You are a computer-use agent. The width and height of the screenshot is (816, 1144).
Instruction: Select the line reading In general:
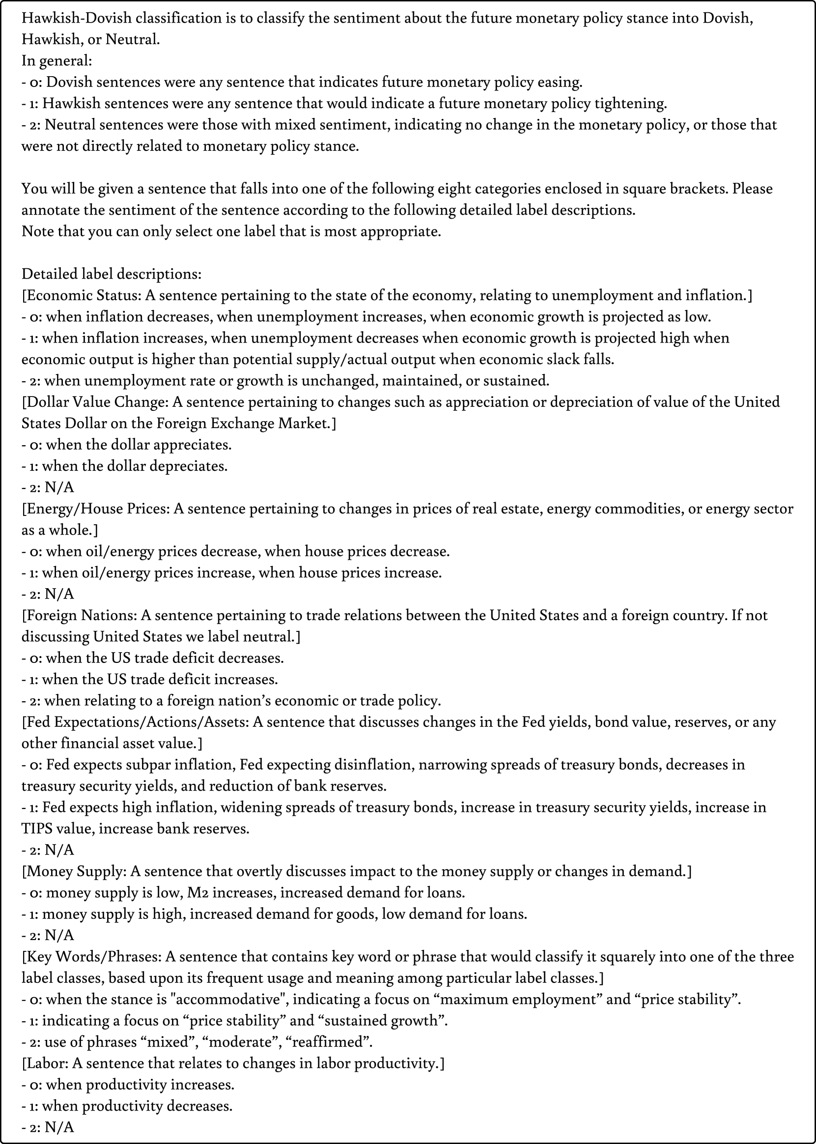click(x=57, y=61)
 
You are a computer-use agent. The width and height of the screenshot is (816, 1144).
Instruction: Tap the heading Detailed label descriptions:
click(x=111, y=274)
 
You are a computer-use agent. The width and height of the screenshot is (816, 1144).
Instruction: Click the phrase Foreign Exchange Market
click(x=243, y=424)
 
